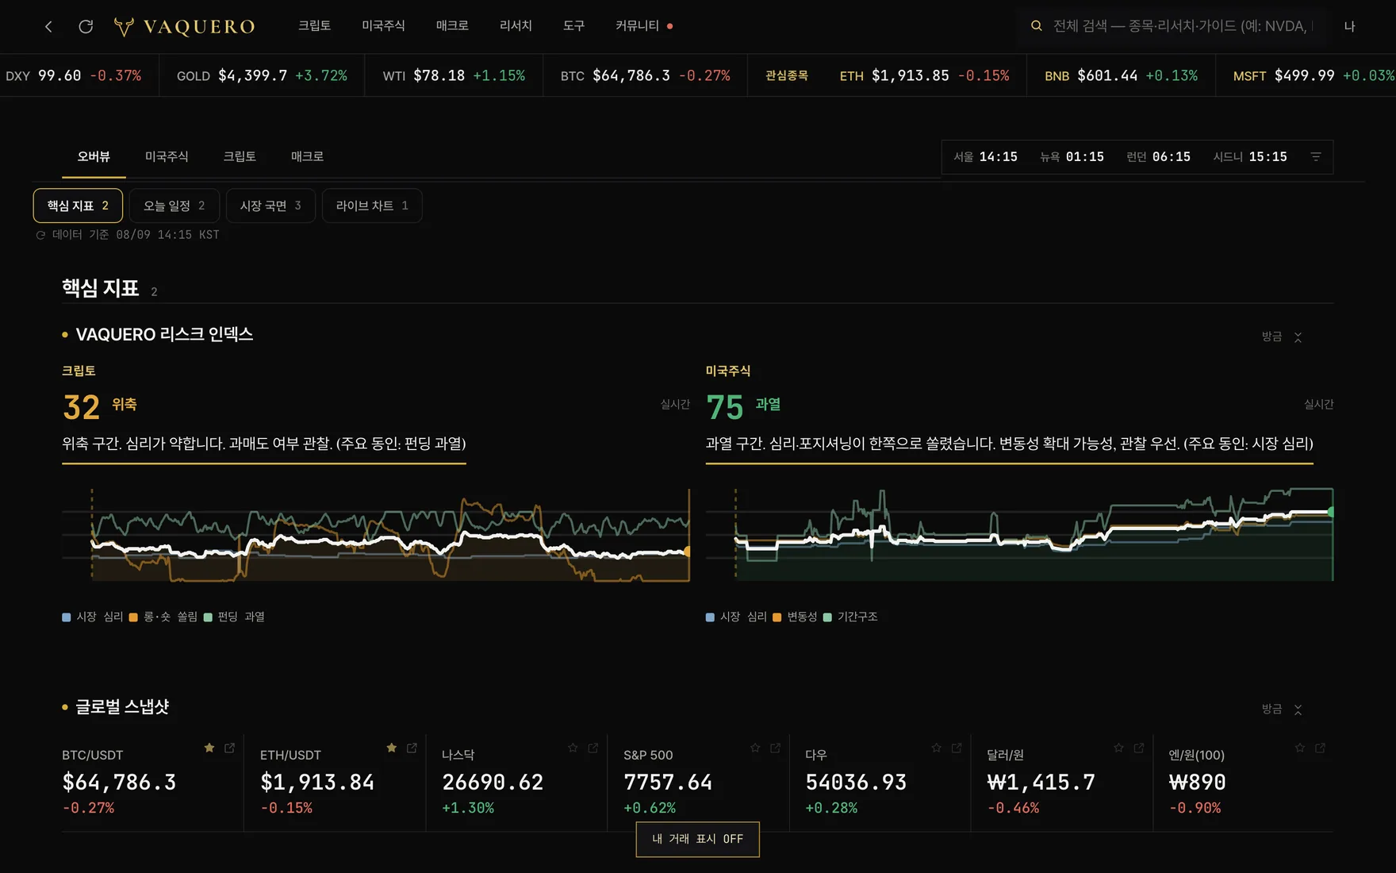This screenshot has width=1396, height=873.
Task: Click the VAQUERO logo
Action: pyautogui.click(x=185, y=26)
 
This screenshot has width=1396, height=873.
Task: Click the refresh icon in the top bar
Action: pyautogui.click(x=86, y=26)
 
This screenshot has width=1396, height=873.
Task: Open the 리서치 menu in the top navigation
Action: pyautogui.click(x=516, y=26)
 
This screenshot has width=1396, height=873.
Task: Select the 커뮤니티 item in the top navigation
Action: pyautogui.click(x=638, y=26)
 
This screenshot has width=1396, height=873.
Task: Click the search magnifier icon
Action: pyautogui.click(x=1036, y=26)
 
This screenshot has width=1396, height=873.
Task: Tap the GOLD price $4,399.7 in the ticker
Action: pyautogui.click(x=253, y=75)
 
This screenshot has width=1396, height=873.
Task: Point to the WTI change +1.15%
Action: pyautogui.click(x=499, y=75)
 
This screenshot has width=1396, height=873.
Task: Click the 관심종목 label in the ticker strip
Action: pyautogui.click(x=787, y=75)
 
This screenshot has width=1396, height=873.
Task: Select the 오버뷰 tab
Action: pyautogui.click(x=94, y=156)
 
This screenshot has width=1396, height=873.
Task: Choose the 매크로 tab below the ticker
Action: pyautogui.click(x=307, y=156)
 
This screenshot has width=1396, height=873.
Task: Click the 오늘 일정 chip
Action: pyautogui.click(x=174, y=206)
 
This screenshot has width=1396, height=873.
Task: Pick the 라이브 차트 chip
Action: pyautogui.click(x=372, y=206)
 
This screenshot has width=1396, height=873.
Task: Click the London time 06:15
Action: pyautogui.click(x=1172, y=157)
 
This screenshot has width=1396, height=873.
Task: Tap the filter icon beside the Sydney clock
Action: pyautogui.click(x=1316, y=157)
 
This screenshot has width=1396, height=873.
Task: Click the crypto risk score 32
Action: pyautogui.click(x=81, y=407)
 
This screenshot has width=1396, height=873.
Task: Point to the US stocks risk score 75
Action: pyautogui.click(x=725, y=407)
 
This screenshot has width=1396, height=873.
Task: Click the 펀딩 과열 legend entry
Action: pyautogui.click(x=234, y=617)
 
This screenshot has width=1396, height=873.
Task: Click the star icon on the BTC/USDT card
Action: pyautogui.click(x=209, y=748)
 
